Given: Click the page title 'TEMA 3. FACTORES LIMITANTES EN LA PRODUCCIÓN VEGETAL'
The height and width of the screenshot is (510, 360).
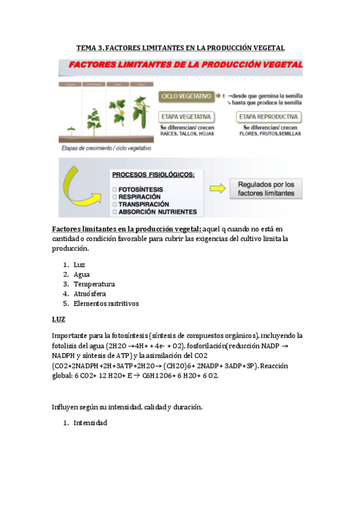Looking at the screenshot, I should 180,48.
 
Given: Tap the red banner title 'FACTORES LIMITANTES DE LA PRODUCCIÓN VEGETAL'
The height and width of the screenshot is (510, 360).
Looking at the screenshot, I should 185,65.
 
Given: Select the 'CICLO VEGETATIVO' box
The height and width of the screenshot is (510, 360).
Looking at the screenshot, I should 186,96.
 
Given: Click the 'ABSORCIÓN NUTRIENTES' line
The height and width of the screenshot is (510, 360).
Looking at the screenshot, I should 157,212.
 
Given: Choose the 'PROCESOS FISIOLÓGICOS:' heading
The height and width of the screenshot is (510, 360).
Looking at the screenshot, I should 153,174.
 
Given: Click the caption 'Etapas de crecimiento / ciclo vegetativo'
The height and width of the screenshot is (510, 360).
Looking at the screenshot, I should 106,148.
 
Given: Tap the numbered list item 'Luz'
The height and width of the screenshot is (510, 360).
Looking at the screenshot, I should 79,265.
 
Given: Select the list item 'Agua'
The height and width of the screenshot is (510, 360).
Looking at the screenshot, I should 82,274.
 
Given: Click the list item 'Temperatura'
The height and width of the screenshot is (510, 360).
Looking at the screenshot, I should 94,284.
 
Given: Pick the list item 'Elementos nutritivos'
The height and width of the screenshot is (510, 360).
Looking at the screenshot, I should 106,303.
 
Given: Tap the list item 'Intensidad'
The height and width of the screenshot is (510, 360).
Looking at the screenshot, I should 90,423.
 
